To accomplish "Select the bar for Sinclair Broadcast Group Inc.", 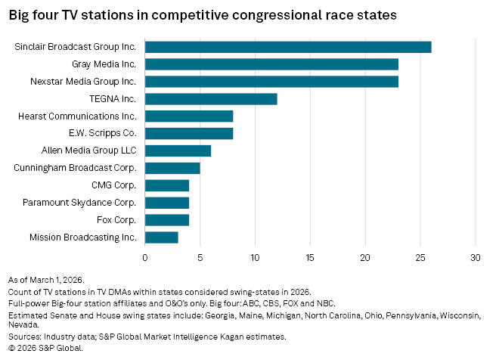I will coord(287,47).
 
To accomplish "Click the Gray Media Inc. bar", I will coord(271,64).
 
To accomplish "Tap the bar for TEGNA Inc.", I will coord(211,98).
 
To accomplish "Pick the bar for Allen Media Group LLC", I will coord(178,151).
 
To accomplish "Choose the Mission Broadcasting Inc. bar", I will coord(161,237).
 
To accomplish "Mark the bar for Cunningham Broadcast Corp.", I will coord(172,168).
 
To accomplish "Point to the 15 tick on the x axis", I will coord(310,256).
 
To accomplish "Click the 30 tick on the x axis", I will coord(476,256).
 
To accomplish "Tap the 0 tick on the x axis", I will coord(145,256).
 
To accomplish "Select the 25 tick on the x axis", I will coord(420,256).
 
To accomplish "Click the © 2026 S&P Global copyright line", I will coord(45,349).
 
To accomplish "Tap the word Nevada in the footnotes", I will coord(23,326).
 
